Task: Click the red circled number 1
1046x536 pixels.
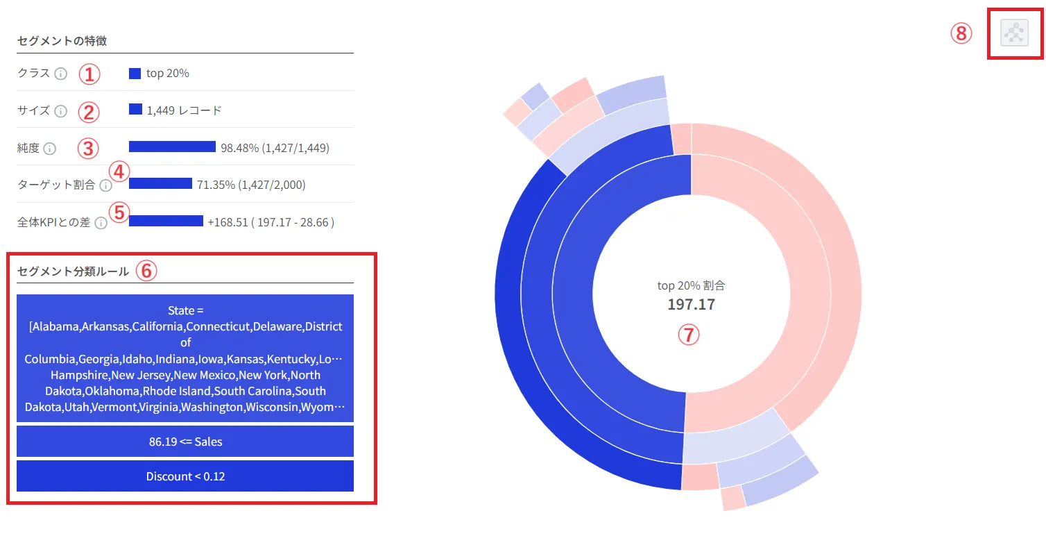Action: click(89, 74)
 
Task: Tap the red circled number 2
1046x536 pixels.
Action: click(89, 111)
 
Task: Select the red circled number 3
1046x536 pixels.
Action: click(88, 148)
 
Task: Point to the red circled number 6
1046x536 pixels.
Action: click(146, 271)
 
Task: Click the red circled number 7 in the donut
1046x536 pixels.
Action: click(688, 335)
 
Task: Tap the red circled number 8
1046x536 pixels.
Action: click(961, 33)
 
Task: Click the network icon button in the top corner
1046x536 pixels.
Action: click(1014, 33)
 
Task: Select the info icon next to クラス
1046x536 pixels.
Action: click(61, 74)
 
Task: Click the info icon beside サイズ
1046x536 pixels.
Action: click(60, 111)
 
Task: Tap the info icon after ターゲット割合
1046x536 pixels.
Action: click(105, 185)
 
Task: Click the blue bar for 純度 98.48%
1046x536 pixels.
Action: click(172, 146)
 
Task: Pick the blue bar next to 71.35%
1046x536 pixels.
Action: click(160, 183)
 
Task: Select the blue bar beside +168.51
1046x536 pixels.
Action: click(166, 221)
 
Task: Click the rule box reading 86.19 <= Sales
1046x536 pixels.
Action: click(185, 441)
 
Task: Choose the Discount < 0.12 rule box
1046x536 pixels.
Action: click(185, 476)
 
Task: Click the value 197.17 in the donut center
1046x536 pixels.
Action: click(691, 304)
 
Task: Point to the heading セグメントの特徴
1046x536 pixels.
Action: click(62, 41)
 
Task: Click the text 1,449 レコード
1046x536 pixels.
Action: click(185, 110)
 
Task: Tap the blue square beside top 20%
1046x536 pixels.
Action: click(135, 73)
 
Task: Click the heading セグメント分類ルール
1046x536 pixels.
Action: click(73, 271)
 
